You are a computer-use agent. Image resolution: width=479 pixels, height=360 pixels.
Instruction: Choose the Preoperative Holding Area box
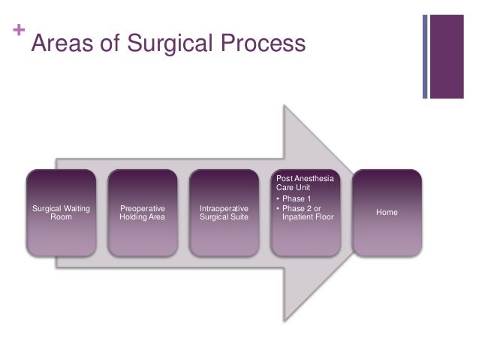coord(143,213)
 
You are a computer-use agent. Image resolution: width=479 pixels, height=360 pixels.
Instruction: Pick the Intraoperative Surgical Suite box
coord(224,213)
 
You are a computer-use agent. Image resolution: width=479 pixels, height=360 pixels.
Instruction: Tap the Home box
coord(387,213)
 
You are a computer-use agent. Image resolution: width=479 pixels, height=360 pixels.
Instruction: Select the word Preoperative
coord(143,208)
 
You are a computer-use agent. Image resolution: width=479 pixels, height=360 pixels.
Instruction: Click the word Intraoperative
coord(224,208)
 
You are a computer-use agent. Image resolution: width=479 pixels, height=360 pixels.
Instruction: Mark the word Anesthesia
coord(317,179)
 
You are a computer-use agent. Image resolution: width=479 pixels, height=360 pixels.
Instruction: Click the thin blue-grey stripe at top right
coord(425,56)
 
